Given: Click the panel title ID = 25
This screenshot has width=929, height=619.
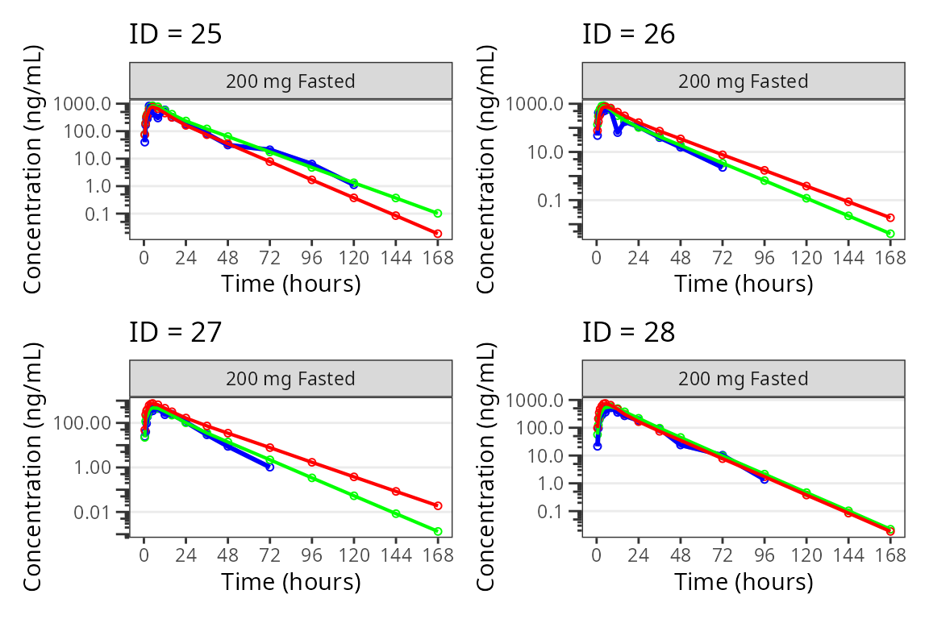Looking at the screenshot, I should tap(176, 35).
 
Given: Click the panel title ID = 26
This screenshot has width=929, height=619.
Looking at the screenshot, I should tap(629, 35).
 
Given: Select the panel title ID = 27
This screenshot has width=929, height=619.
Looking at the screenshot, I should tap(176, 332).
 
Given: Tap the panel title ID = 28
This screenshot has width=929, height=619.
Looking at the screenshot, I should tap(629, 332).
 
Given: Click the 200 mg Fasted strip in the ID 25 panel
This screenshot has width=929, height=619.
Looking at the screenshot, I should tap(290, 81).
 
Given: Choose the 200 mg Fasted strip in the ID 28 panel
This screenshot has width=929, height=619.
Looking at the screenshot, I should tap(743, 379).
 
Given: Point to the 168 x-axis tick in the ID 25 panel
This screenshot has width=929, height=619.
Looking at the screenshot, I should tap(438, 258).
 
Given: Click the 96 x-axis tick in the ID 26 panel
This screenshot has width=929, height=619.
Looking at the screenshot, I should tap(764, 258).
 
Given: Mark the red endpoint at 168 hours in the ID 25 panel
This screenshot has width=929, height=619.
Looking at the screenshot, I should tap(438, 234).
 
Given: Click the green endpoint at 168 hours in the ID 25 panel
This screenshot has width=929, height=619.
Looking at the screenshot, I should tap(438, 214).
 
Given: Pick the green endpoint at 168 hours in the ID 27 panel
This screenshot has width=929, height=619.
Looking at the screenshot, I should tap(438, 531).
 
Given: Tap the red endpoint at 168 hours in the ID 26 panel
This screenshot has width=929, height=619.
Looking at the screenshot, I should tap(890, 218).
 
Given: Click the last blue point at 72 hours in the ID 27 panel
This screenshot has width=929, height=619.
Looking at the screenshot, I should tap(270, 467).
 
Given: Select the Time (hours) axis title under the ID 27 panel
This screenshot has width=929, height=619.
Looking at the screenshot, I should tap(290, 581).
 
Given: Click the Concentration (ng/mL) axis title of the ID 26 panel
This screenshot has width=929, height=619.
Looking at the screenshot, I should tap(487, 169).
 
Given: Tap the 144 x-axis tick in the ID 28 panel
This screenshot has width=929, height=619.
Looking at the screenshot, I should tap(848, 555).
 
